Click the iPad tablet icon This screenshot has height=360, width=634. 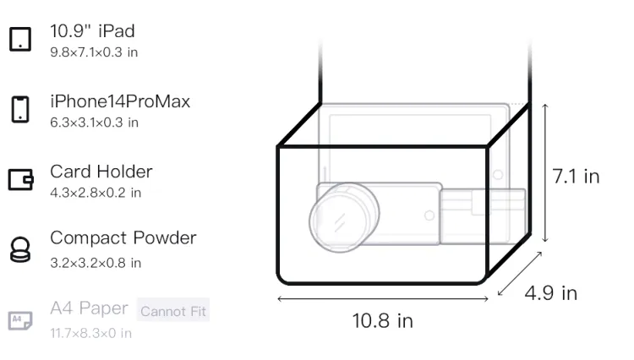tap(20, 39)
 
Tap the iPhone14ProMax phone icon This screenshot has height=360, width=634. tap(20, 109)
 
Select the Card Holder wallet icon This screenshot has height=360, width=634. tap(20, 179)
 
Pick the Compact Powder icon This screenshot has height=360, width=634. tap(20, 249)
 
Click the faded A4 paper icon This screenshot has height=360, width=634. tap(20, 320)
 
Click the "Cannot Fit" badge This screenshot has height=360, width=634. tap(173, 311)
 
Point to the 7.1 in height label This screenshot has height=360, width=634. tap(576, 177)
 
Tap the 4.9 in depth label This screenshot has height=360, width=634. tap(550, 293)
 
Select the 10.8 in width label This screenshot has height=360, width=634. tap(382, 321)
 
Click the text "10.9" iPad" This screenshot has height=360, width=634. tap(92, 31)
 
